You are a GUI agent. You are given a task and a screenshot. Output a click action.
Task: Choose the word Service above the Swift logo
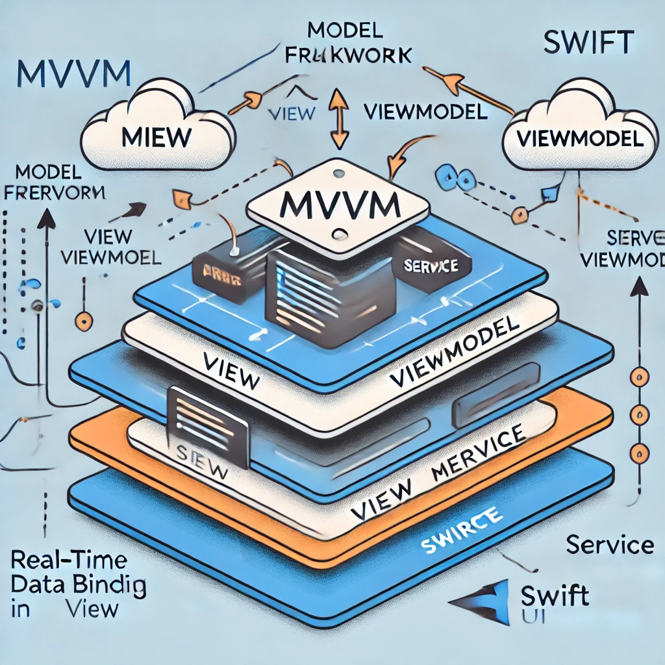[609, 544]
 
